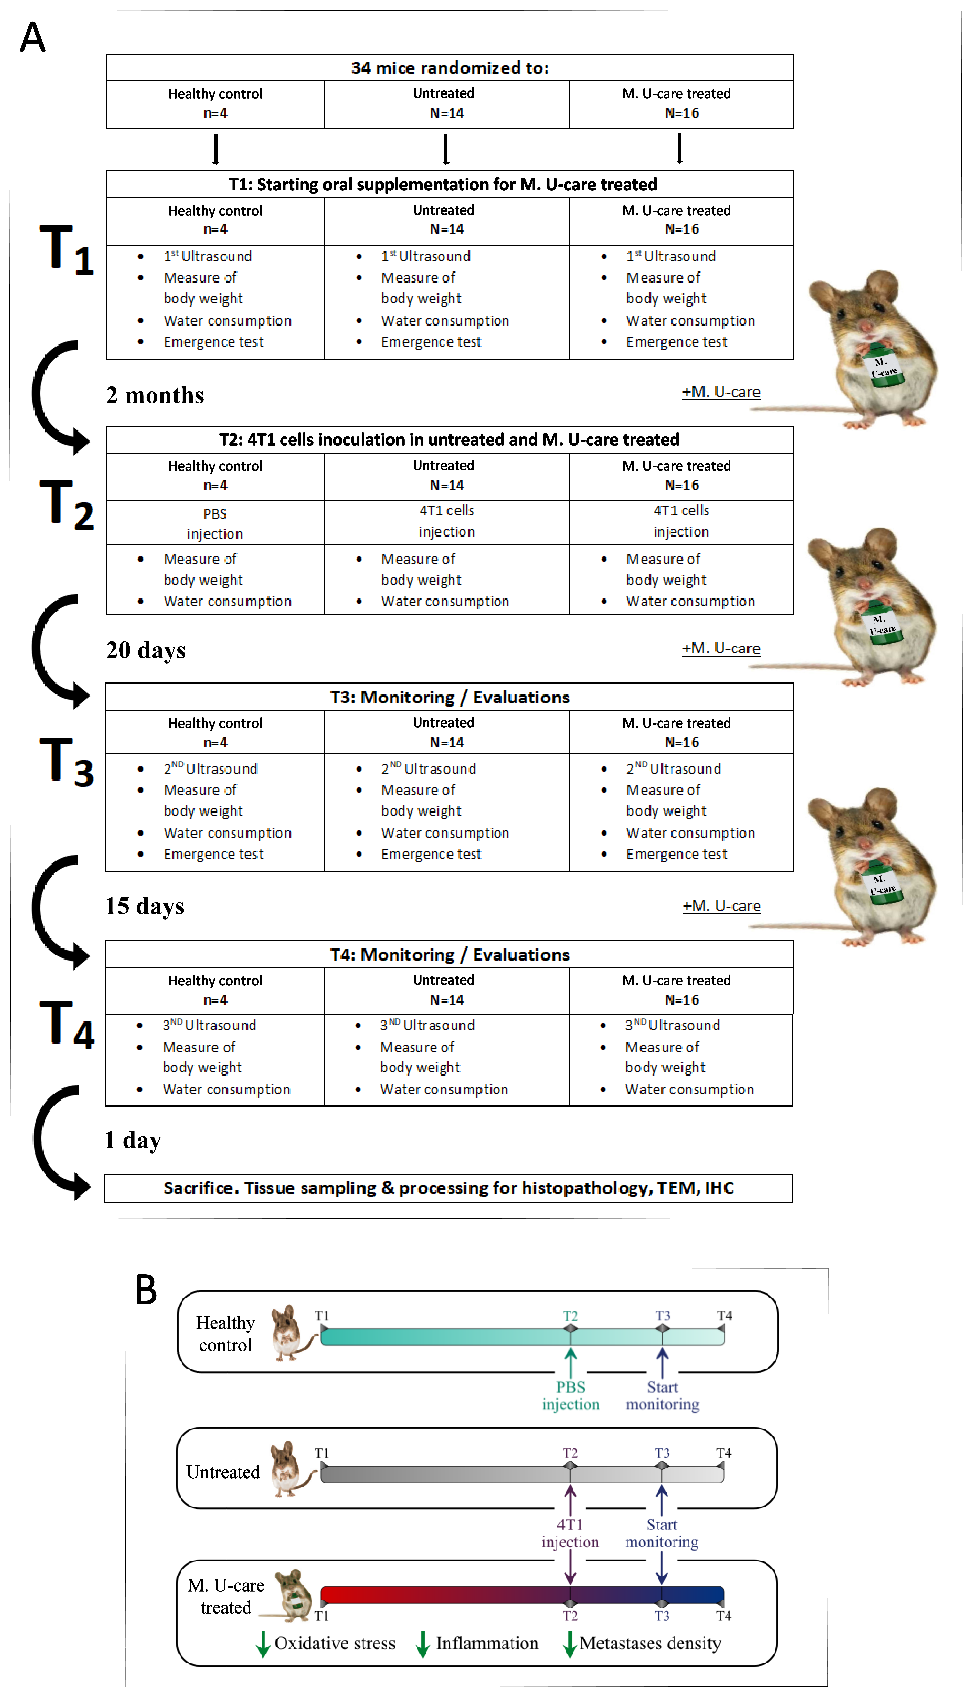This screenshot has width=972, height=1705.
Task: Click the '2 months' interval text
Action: pyautogui.click(x=155, y=395)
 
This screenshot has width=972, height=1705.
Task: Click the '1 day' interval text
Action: pyautogui.click(x=133, y=1140)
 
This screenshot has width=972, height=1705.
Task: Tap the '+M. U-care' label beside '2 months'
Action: pyautogui.click(x=721, y=392)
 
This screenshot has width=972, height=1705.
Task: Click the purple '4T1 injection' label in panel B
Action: pyautogui.click(x=570, y=1533)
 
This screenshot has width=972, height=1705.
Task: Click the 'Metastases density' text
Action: pyautogui.click(x=650, y=1644)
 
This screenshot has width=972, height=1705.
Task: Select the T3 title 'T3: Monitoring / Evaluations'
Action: pyautogui.click(x=450, y=697)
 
